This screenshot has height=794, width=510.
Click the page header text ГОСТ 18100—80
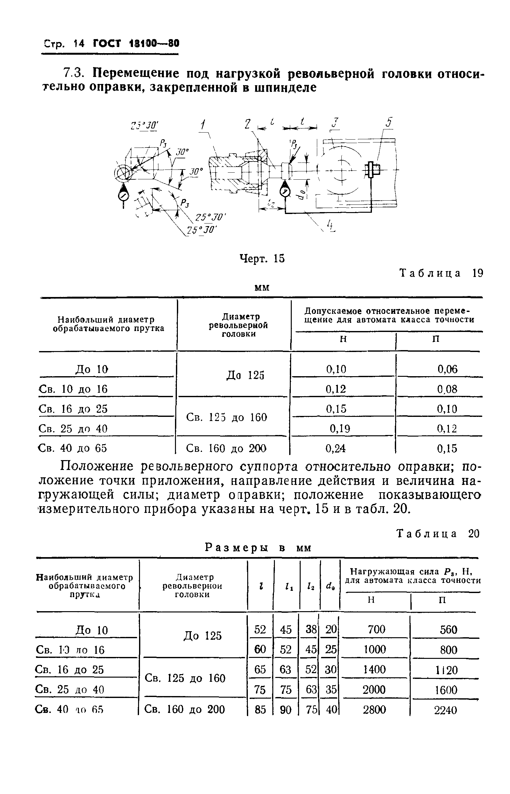pos(136,43)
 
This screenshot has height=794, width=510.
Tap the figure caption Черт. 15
pos(262,259)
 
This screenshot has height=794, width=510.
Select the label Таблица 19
pos(442,273)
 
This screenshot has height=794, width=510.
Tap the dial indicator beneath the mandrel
pos(285,192)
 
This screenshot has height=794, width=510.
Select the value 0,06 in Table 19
pos(447,369)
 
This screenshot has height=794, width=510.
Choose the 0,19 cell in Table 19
pos(340,429)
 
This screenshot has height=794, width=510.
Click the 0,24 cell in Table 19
pos(336,448)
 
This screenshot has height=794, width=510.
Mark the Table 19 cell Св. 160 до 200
pos(226,448)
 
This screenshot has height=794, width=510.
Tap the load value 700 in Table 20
pos(377,629)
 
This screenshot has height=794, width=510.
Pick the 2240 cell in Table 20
pos(445,710)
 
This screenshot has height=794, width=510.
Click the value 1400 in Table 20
pos(374,670)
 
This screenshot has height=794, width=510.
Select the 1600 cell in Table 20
pos(446,690)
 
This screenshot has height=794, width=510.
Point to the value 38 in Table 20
pos(311,629)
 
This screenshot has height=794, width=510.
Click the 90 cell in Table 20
pos(285,710)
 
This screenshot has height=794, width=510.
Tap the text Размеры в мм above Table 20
pos(258,548)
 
